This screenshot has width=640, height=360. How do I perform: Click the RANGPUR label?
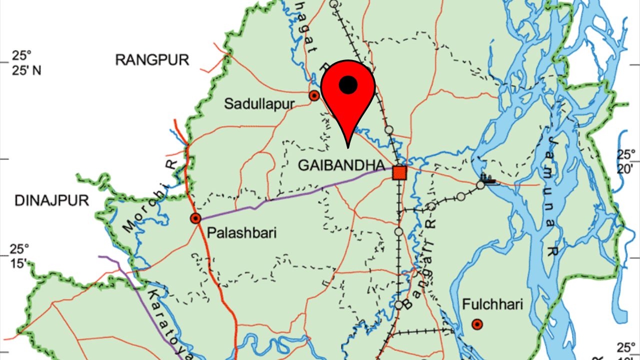152,60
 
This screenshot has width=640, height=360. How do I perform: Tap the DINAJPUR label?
51,201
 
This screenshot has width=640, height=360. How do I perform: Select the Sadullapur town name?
260,104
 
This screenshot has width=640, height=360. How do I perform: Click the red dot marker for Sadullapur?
314,95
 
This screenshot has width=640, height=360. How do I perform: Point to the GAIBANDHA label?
341,166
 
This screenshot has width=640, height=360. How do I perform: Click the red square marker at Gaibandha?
399,172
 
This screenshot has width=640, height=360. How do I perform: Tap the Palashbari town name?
241,233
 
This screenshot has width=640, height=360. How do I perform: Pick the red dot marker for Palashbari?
195,218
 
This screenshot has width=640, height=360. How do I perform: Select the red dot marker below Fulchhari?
477,325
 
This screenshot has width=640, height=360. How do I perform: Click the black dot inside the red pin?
348,85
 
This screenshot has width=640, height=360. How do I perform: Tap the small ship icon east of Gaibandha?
487,178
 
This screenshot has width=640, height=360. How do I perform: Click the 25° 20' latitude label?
625,161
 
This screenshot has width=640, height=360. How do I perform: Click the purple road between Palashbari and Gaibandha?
300,193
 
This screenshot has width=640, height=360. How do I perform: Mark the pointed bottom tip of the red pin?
348,147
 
